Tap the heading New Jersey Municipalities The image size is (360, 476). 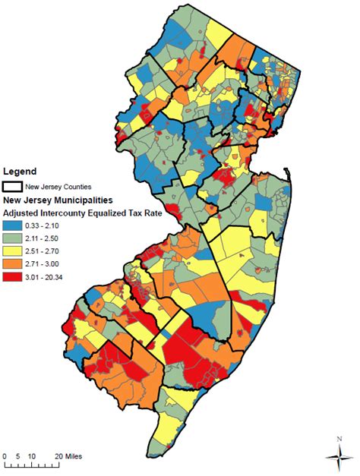tap(58, 200)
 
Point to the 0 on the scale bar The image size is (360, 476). tap(5, 456)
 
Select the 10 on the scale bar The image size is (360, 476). tap(32, 456)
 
